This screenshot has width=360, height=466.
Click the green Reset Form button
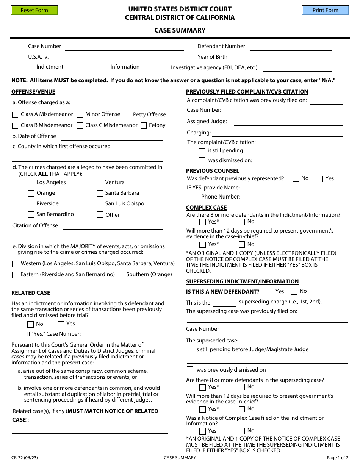click(34, 10)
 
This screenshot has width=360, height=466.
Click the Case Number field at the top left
click(124, 47)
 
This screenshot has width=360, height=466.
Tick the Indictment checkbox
click(31, 67)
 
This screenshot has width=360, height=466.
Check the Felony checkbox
click(144, 126)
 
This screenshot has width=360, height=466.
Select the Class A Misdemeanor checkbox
click(15, 115)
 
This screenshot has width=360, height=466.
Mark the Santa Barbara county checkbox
click(100, 194)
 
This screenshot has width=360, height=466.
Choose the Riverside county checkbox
click(31, 204)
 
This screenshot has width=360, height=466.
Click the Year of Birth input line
click(281, 58)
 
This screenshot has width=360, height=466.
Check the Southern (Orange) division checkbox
click(121, 275)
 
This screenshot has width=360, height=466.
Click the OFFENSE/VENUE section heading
click(33, 92)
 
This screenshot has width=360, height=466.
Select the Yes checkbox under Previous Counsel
click(320, 179)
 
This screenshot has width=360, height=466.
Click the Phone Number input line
click(296, 197)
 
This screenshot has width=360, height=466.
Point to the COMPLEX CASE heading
click(207, 208)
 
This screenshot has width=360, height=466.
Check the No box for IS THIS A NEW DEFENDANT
click(294, 292)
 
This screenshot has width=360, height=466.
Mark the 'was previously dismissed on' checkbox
click(190, 370)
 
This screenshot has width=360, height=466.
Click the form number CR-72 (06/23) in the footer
click(25, 458)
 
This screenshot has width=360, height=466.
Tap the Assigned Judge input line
click(288, 122)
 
